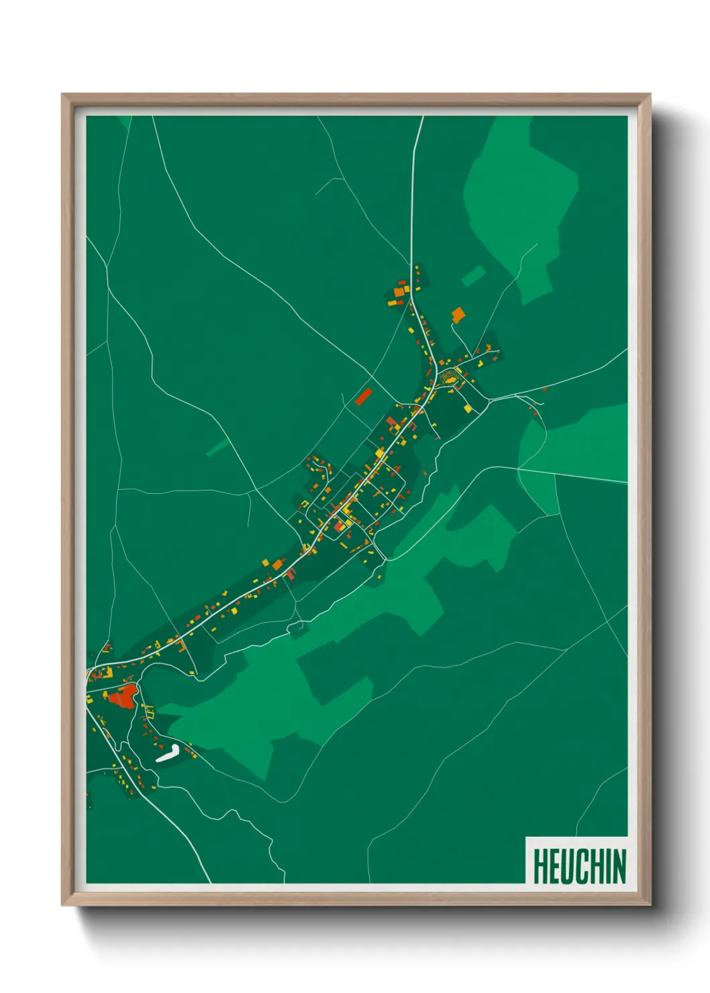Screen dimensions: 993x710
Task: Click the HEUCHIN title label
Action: pyautogui.click(x=579, y=866)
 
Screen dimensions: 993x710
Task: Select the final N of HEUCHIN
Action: pyautogui.click(x=619, y=866)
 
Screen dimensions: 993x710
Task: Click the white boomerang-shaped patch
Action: pyautogui.click(x=167, y=753)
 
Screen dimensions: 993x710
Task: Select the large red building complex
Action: pyautogui.click(x=122, y=696)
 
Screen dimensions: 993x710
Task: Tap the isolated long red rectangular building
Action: pyautogui.click(x=363, y=396)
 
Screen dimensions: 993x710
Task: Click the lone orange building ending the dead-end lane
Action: pyautogui.click(x=458, y=314)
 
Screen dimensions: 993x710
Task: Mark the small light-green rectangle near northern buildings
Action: pyautogui.click(x=474, y=275)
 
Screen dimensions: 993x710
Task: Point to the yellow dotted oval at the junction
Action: pyautogui.click(x=449, y=378)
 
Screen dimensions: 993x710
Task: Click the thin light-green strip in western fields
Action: pyautogui.click(x=216, y=448)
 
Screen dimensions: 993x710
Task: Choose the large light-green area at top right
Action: pyautogui.click(x=520, y=201)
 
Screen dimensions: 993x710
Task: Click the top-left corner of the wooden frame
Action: pyautogui.click(x=63, y=95)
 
